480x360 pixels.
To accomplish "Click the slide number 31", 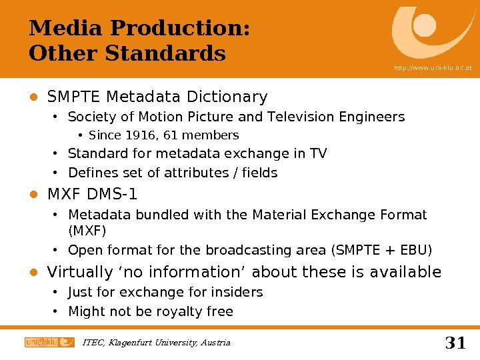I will (x=455, y=343).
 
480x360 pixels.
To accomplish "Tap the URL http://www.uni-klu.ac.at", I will (x=432, y=68).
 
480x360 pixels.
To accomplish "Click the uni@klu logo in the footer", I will (x=49, y=342).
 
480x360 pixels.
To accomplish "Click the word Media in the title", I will (x=66, y=29).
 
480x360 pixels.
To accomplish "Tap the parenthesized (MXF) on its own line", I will (x=87, y=231).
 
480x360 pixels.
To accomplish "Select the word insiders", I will (x=239, y=293).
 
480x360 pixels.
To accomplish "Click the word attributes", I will (x=188, y=173).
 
